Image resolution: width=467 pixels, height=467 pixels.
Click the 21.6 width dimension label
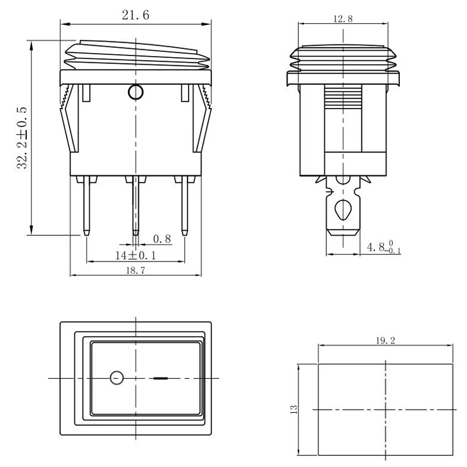pos(135,15)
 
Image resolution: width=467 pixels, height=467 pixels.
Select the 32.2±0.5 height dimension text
pos(22,138)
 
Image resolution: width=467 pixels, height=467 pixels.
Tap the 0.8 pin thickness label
pos(162,239)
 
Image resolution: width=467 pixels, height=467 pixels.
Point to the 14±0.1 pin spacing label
pos(135,255)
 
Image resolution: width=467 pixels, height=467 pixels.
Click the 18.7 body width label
pos(135,270)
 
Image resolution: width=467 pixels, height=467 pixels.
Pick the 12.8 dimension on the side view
pos(343,19)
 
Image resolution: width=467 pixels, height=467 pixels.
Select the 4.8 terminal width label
pos(384,247)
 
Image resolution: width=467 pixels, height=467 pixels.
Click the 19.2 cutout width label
pos(385,340)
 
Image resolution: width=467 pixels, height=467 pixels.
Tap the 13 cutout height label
pos(294,409)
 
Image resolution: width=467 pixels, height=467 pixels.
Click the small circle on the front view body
pos(135,92)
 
